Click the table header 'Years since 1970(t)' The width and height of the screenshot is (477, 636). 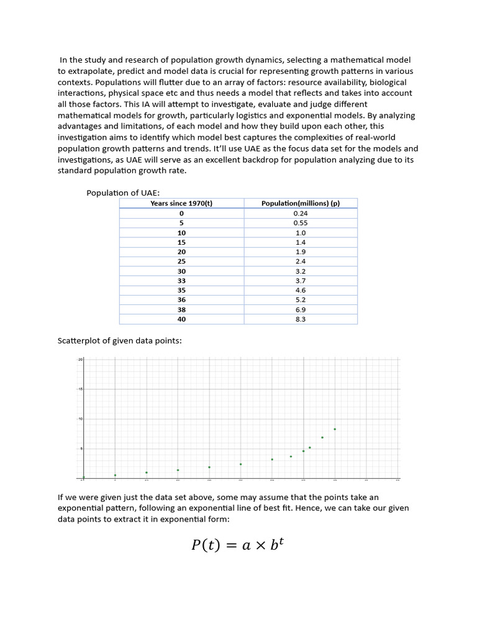point(181,203)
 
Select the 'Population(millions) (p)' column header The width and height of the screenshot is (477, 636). point(300,203)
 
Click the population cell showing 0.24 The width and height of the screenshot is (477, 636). point(300,213)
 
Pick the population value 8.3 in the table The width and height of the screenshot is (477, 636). point(300,319)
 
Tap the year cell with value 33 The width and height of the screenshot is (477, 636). point(181,281)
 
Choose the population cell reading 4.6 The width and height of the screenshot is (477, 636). point(300,290)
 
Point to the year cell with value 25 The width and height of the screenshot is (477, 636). point(181,261)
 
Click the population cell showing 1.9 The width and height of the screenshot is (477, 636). point(300,252)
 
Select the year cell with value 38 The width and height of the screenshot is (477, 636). point(181,309)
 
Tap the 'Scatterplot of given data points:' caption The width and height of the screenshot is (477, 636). point(119,340)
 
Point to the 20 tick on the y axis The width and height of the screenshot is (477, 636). point(80,360)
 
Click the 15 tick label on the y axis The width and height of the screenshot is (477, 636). point(80,389)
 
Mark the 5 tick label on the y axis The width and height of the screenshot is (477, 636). point(81,448)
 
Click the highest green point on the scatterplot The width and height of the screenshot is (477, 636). point(335,429)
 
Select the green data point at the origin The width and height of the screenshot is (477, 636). point(84,477)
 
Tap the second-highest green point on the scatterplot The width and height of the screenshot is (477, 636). point(322,437)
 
